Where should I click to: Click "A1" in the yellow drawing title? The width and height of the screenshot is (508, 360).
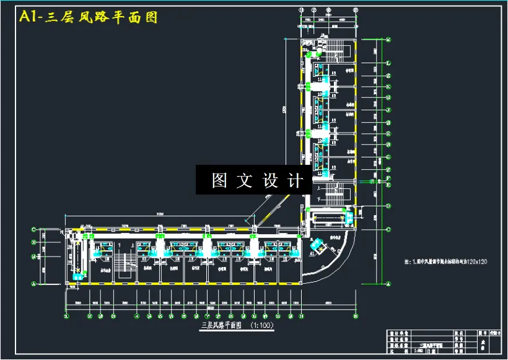pyautogui.click(x=31, y=17)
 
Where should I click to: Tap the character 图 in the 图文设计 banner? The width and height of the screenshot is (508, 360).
pyautogui.click(x=220, y=180)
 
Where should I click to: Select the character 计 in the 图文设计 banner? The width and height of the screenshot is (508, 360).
pyautogui.click(x=296, y=180)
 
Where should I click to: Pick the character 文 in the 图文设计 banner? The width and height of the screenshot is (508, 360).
pyautogui.click(x=245, y=180)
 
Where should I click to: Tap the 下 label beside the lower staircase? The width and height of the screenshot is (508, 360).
pyautogui.click(x=319, y=199)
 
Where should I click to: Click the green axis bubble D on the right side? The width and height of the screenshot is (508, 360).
pyautogui.click(x=388, y=205)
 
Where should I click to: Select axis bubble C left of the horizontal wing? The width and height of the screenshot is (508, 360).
pyautogui.click(x=34, y=230)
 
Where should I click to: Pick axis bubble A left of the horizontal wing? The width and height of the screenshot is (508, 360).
pyautogui.click(x=34, y=282)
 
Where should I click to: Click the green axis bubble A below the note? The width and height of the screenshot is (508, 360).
pyautogui.click(x=388, y=282)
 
